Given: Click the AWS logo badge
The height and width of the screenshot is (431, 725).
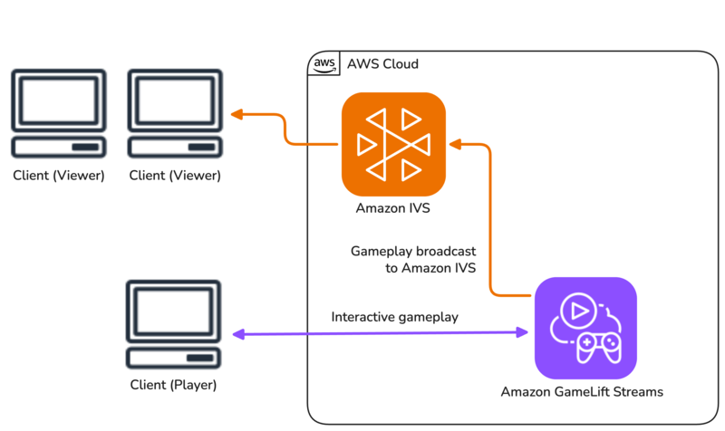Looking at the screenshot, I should coord(324,64).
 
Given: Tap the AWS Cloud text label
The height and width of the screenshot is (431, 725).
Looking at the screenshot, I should coord(382,65).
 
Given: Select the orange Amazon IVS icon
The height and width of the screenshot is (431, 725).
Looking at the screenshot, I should coord(393,144).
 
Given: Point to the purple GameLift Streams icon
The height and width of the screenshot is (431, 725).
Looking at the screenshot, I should coord(585,327).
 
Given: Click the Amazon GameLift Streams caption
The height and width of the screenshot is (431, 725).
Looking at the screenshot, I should coord(582,392).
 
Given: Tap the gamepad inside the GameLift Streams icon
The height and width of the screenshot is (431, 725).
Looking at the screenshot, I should coord(600,346).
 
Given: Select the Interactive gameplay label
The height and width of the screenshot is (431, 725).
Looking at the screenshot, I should coord(394,317).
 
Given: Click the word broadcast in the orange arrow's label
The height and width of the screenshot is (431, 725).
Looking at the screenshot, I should coord(446,250).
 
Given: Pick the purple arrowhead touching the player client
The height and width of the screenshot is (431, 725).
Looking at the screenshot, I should coord(238,334).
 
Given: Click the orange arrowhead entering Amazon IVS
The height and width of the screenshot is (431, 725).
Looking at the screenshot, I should coord(455,143).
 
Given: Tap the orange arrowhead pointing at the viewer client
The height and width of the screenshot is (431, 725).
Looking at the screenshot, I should coord(237,115).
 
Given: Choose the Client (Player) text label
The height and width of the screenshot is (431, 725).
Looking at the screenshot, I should coord(173,386).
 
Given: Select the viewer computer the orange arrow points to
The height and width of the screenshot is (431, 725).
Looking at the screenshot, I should coord(175,114).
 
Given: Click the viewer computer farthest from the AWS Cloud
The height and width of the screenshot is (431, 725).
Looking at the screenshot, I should coord(58,114).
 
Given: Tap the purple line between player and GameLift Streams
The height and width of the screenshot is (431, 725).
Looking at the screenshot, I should coord(381,334).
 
